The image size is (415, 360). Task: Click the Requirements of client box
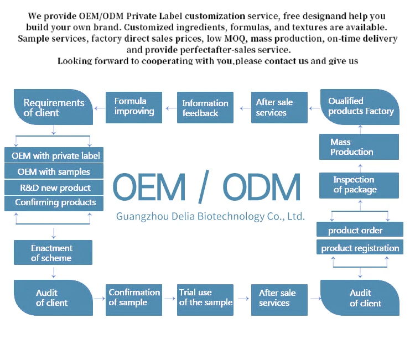coord(53,107)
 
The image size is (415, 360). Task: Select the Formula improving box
coord(133,107)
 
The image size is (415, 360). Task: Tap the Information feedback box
coord(205,108)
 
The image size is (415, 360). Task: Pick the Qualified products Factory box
coord(360,107)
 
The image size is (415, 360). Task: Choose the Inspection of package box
coord(359,185)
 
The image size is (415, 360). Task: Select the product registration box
coord(360,248)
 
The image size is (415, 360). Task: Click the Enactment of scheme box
coord(53,253)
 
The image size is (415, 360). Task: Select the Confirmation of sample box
coord(134,298)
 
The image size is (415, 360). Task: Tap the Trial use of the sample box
coord(205,298)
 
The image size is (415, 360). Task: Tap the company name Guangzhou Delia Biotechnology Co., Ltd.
coord(210,216)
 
